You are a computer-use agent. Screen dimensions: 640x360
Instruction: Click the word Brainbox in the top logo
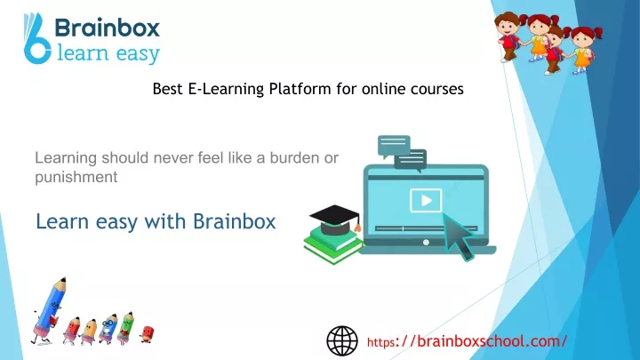(x=107, y=28)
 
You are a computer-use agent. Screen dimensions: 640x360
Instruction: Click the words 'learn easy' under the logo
(x=108, y=54)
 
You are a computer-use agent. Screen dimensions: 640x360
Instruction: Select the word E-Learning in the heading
(x=226, y=89)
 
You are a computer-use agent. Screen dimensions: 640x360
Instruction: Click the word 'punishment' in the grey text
(x=76, y=177)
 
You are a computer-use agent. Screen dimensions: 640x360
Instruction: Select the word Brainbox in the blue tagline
(x=235, y=221)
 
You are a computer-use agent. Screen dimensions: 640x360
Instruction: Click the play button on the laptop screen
(x=426, y=200)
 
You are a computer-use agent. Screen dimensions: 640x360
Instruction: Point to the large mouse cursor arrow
(x=458, y=236)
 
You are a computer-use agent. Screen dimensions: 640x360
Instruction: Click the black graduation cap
(x=335, y=220)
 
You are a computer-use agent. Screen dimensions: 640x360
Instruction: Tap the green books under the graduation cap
(x=333, y=246)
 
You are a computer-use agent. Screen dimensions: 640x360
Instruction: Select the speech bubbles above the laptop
(x=402, y=153)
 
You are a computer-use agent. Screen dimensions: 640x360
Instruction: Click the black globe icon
(x=342, y=340)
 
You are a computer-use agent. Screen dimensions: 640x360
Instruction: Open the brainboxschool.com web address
(x=467, y=340)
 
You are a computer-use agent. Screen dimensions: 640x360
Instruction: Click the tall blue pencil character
(x=48, y=311)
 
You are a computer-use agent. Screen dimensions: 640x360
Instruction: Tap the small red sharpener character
(x=147, y=334)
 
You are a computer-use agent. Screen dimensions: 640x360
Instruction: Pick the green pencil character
(x=125, y=328)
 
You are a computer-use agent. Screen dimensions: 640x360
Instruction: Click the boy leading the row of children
(x=508, y=36)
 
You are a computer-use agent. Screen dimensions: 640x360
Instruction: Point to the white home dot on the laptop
(x=426, y=242)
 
